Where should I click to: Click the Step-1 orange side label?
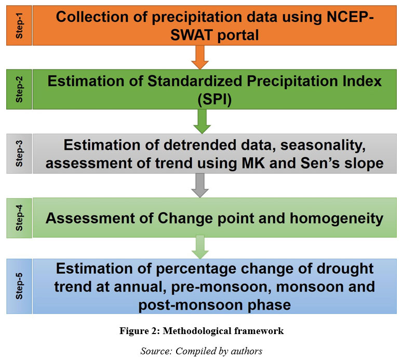point(19,25)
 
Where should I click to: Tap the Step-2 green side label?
point(19,89)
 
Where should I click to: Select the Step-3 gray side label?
point(19,154)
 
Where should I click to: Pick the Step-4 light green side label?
point(19,218)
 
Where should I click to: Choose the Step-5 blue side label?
point(19,286)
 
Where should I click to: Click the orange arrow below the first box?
point(200,57)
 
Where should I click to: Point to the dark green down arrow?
point(202,121)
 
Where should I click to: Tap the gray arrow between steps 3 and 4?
point(200,185)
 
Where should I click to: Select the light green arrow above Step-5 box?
point(200,247)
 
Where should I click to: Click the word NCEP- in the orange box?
point(350,17)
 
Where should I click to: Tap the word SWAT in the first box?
point(192,35)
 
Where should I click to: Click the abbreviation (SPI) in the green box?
point(214,100)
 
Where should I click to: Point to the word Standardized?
point(195,81)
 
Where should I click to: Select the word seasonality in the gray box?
point(323,145)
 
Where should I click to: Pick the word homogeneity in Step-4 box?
point(337,218)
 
